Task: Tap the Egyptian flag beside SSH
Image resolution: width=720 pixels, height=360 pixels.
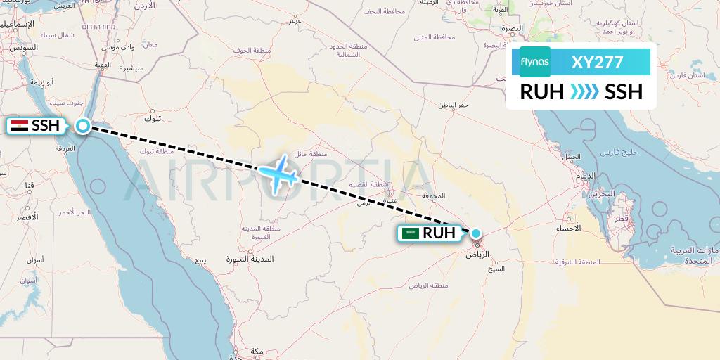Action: point(20,127)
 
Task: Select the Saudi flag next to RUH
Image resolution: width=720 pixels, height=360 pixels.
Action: point(410,233)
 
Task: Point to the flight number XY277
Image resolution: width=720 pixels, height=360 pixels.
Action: point(598,62)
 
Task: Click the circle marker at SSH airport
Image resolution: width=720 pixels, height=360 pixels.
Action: point(83,127)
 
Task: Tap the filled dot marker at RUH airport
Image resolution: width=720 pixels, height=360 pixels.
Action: point(476,233)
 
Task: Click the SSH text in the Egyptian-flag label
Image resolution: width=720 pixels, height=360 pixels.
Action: point(46,127)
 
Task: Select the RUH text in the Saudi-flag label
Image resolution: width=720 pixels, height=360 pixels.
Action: point(439,233)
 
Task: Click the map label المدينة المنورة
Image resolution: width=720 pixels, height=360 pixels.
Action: point(249,259)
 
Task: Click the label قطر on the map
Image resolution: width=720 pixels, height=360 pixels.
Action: point(620,219)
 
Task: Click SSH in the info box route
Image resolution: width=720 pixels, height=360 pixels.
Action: point(624,91)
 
